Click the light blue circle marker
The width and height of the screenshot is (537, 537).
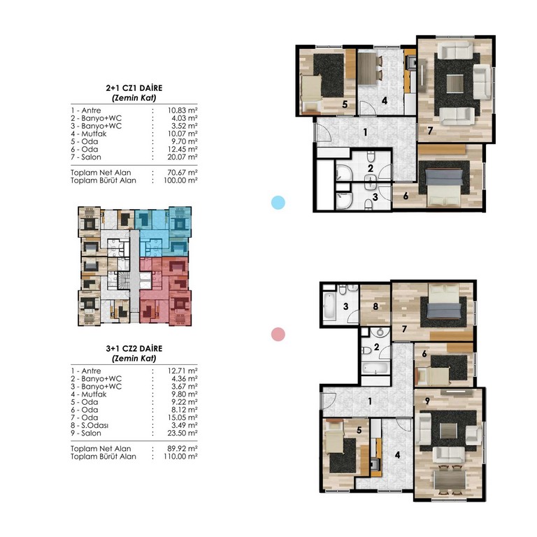pos(278,202)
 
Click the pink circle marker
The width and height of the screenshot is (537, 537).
pos(278,334)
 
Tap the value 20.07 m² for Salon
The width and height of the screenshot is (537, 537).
pos(182,157)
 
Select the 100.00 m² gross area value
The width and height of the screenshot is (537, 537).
pos(180,180)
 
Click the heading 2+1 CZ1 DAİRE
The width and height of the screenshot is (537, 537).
pos(134,88)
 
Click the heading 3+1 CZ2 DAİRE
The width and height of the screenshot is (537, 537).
pos(134,349)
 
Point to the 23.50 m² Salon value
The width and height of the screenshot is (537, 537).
pos(182,434)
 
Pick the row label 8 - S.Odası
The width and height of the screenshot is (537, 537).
pos(89,425)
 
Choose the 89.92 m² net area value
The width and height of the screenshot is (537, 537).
pos(182,449)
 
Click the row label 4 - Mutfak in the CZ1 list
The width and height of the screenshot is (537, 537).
pos(89,134)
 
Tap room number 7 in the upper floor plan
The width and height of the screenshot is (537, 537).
pos(430,130)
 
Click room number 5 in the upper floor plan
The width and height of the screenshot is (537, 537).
pos(345,104)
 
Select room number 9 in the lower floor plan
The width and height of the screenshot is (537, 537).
pos(427,401)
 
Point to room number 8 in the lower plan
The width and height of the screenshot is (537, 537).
pos(375,306)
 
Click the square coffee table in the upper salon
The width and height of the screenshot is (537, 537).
pos(455,84)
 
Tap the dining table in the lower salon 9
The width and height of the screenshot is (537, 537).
pos(450,480)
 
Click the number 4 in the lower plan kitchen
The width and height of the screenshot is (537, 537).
pos(397,454)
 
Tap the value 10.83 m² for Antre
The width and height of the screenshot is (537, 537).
pos(182,110)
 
